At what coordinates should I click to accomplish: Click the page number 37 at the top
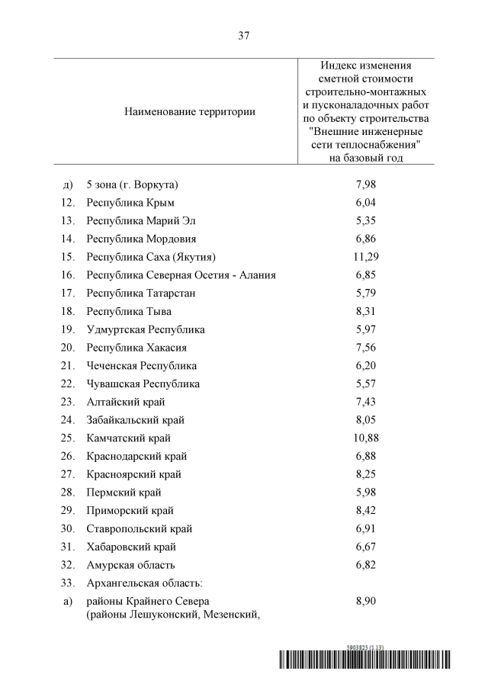244,36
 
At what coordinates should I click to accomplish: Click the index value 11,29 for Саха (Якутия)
366,257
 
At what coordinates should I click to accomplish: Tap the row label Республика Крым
130,202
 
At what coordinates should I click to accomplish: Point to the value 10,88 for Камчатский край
366,438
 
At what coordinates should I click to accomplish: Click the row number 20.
67,348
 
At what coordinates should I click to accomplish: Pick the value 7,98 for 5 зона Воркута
366,185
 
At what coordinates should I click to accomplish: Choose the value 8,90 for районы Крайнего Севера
366,602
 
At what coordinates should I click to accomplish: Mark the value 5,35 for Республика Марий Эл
366,220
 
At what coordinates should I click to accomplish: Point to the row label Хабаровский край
132,547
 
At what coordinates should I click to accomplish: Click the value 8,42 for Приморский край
366,511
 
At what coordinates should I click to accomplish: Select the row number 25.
67,438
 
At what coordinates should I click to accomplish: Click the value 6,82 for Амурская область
366,565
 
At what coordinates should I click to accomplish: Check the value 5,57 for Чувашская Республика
366,384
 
